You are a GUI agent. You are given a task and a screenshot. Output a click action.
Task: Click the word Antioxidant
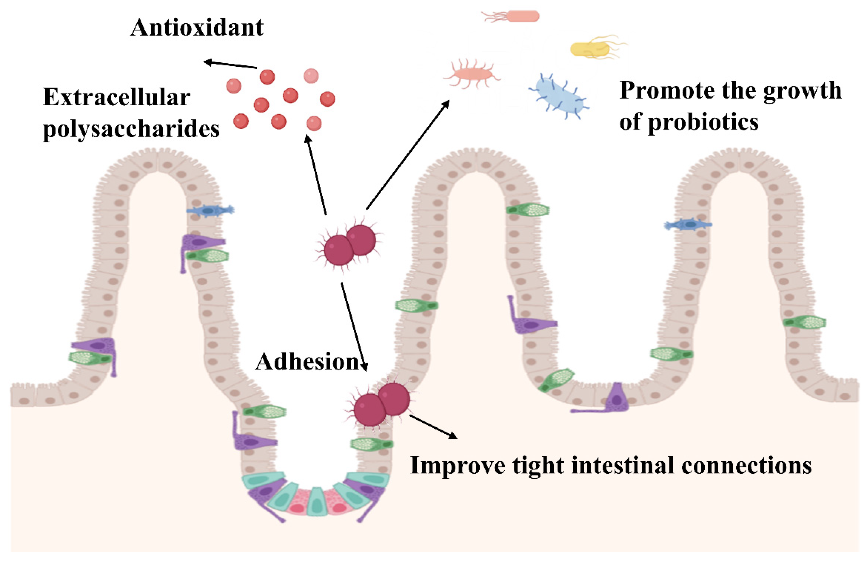click(x=197, y=28)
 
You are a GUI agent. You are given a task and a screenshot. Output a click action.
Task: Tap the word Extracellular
click(x=116, y=98)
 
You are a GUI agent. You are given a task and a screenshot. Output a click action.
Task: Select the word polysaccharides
click(x=131, y=129)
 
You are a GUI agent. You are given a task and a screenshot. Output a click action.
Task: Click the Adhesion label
click(x=307, y=362)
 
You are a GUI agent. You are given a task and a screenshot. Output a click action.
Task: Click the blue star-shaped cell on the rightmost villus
click(x=688, y=225)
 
